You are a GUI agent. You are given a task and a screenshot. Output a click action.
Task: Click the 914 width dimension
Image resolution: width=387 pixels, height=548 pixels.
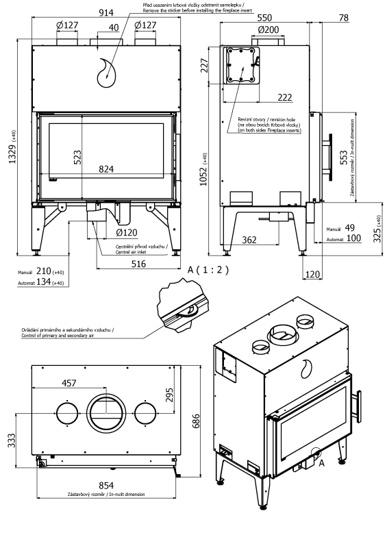106,12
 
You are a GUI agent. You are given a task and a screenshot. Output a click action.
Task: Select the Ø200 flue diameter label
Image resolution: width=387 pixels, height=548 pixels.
269,29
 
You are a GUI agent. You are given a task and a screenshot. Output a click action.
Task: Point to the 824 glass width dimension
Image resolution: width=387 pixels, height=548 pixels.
106,169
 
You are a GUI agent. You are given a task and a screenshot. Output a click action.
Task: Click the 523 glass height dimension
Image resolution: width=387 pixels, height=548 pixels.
77,157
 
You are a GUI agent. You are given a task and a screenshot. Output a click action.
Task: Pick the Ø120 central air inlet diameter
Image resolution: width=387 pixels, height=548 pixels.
127,232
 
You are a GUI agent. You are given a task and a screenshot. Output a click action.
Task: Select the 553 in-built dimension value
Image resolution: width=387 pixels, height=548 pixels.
344,158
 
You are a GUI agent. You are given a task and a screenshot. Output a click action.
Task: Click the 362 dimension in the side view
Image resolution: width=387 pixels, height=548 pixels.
249,240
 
